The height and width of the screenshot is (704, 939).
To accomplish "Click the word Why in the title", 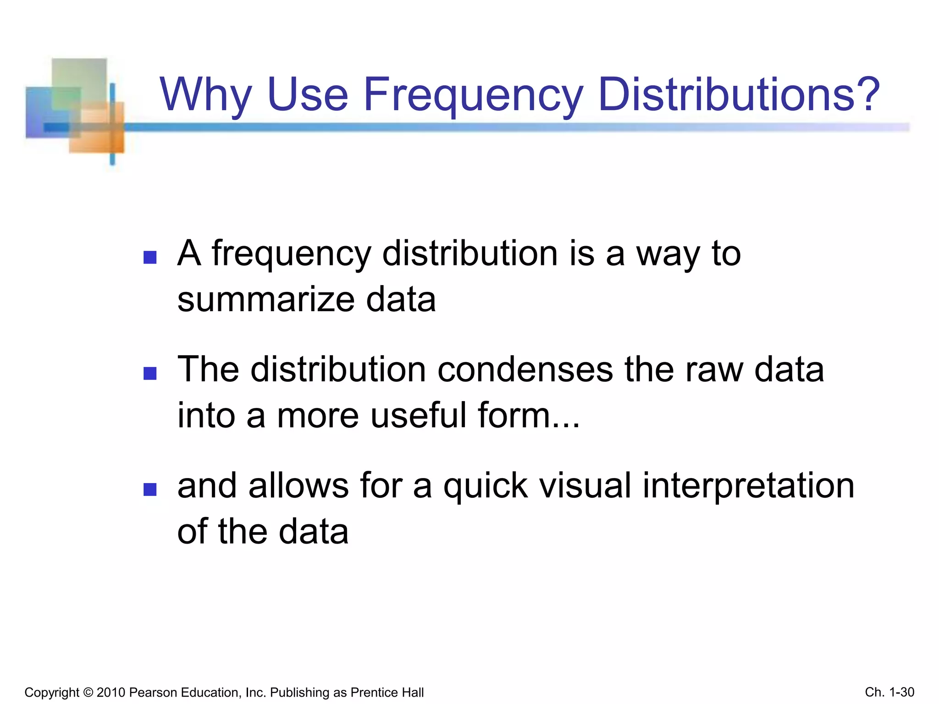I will click(206, 95).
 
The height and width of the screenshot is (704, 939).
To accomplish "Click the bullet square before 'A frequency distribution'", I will click(150, 257).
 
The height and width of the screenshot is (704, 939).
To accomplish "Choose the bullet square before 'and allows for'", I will click(150, 489).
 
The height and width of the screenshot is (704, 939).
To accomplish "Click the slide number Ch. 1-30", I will click(889, 692).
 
